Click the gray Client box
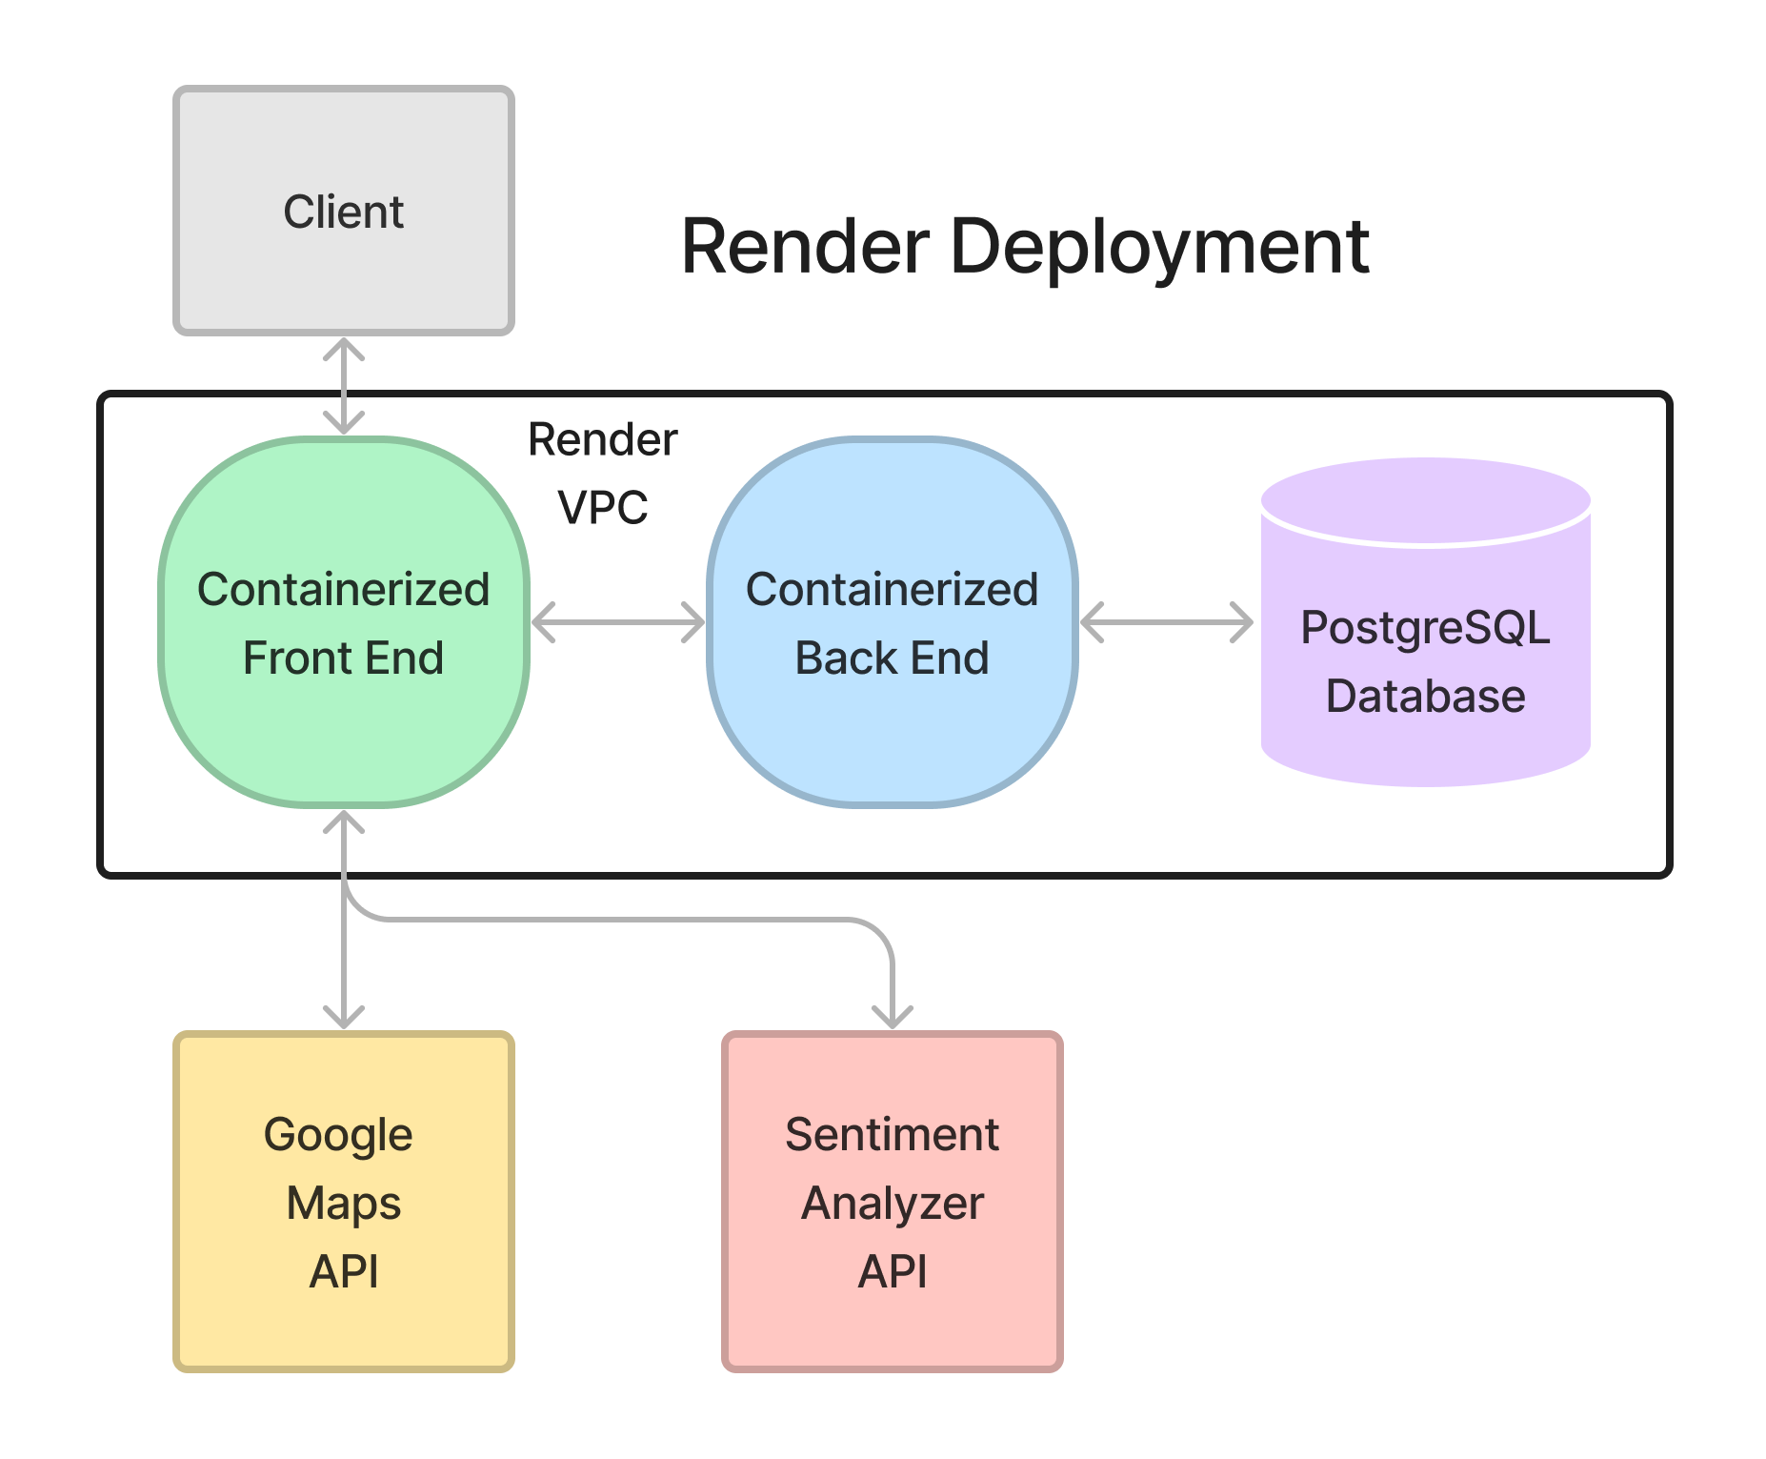344,211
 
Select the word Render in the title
805,247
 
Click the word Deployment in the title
1159,247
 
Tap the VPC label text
603,508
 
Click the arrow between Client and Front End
344,385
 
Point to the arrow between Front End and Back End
618,622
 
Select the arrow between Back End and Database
1167,622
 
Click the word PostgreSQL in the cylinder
1426,628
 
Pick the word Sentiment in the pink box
893,1135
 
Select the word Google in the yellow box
338,1135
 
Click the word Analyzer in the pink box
893,1204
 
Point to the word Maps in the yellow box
344,1204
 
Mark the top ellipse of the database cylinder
1426,500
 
